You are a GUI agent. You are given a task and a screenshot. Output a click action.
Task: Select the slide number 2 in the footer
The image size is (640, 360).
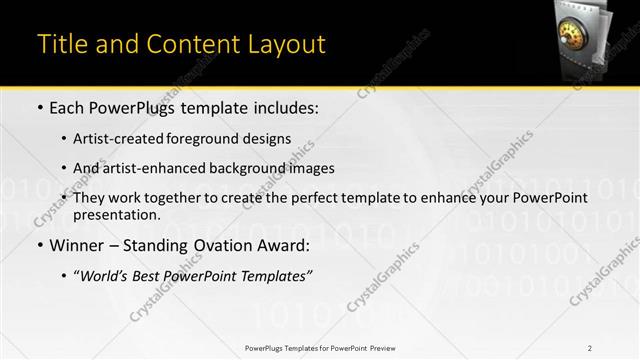tap(590, 347)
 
